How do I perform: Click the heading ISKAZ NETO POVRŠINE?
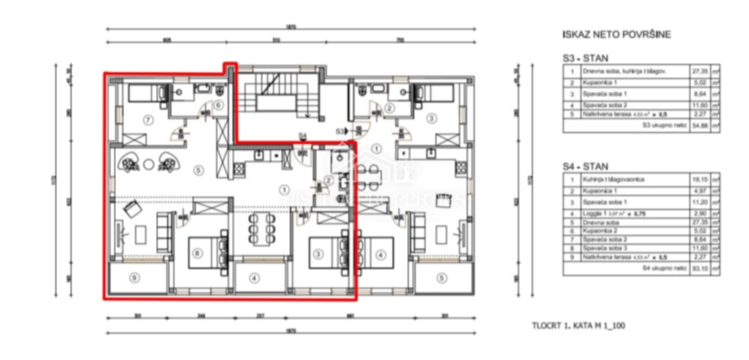617,34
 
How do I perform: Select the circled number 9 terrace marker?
135,279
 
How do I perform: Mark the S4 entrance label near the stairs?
302,136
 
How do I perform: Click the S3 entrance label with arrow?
341,130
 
